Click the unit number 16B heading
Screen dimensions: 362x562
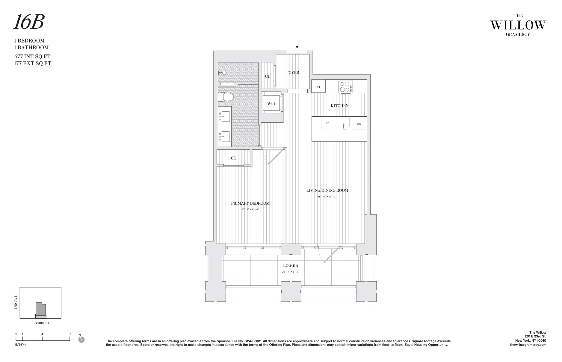pos(29,22)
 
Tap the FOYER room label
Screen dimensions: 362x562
pos(292,72)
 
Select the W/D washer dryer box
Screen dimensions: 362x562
pos(271,104)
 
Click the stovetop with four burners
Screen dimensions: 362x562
pos(345,87)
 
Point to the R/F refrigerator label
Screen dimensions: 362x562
pos(318,87)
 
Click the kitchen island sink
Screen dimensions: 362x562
pos(344,123)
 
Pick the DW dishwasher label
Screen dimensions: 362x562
pos(359,124)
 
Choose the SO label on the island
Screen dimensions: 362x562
pos(328,123)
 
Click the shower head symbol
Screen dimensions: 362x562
pos(223,73)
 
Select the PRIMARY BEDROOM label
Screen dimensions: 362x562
pos(250,203)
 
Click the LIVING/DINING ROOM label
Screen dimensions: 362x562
pos(327,190)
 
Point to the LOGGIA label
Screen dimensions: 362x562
pos(291,265)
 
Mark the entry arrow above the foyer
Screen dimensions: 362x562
pos(297,47)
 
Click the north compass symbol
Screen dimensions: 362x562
pos(81,340)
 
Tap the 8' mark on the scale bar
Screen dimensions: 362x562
pos(70,334)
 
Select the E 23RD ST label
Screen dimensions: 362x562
pos(40,323)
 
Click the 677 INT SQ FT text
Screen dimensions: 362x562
pos(32,57)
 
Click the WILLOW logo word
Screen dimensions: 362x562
pos(518,25)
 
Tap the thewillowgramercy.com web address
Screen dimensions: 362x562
pos(528,345)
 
